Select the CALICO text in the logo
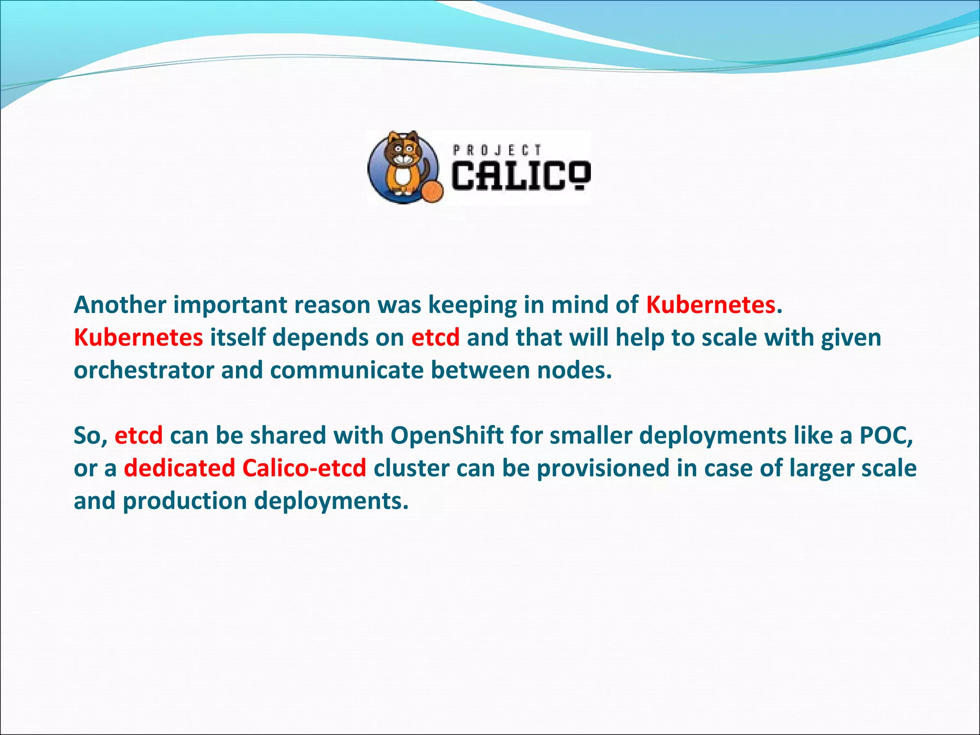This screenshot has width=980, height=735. [x=521, y=176]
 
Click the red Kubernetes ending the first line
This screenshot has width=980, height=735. [x=711, y=305]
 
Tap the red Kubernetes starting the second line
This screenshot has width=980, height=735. [x=138, y=337]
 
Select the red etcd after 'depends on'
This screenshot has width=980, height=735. [x=435, y=337]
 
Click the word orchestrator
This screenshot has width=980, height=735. [x=144, y=370]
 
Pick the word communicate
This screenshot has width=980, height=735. [x=346, y=370]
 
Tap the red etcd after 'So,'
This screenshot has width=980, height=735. [x=139, y=435]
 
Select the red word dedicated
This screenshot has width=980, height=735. [x=179, y=468]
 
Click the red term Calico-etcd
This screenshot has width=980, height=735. [x=304, y=468]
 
